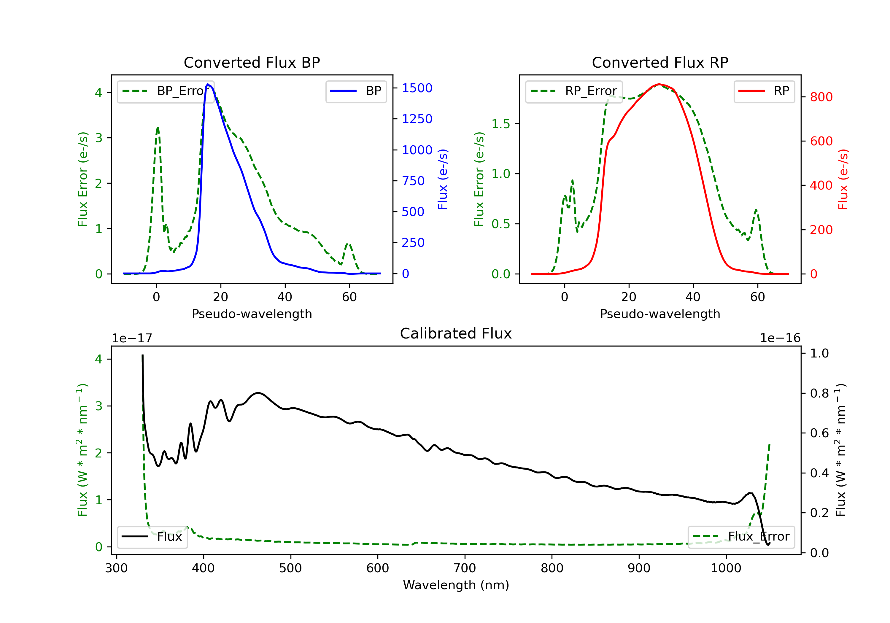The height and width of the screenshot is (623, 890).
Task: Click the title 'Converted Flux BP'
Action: click(252, 62)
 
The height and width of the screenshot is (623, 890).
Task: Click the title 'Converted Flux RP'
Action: click(660, 62)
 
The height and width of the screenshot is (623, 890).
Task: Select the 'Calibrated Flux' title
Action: click(456, 333)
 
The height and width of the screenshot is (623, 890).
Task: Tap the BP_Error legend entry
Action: click(166, 91)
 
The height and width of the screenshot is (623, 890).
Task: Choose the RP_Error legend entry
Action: click(574, 91)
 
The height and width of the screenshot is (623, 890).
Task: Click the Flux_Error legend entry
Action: click(741, 537)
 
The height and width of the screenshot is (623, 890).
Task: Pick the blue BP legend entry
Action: click(356, 91)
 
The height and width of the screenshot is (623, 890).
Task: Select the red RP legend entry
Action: click(764, 91)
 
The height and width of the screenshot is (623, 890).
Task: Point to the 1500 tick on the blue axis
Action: click(417, 88)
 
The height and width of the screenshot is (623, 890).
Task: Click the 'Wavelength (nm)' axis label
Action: click(456, 585)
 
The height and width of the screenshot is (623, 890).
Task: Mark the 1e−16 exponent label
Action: click(780, 338)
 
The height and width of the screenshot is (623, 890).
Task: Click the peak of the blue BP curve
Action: click(208, 84)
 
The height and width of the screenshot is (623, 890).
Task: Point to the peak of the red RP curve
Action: click(659, 84)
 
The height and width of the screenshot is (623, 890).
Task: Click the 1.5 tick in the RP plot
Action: click(501, 124)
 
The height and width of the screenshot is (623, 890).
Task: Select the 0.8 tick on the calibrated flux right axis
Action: click(819, 393)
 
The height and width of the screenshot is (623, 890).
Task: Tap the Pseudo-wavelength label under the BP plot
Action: click(252, 314)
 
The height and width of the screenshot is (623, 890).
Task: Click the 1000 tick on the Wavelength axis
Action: click(726, 568)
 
